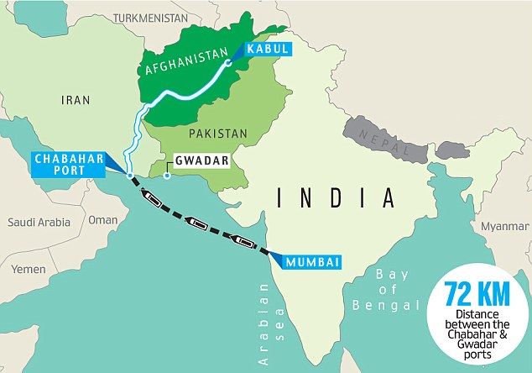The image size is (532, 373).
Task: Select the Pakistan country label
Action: [x=218, y=133]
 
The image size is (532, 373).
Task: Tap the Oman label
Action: [x=103, y=219]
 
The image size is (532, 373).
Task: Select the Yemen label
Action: [x=29, y=270]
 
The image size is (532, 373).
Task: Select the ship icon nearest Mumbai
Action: [x=244, y=242]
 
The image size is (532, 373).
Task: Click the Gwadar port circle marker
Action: [x=167, y=176]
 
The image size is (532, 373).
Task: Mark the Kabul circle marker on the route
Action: [x=229, y=62]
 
